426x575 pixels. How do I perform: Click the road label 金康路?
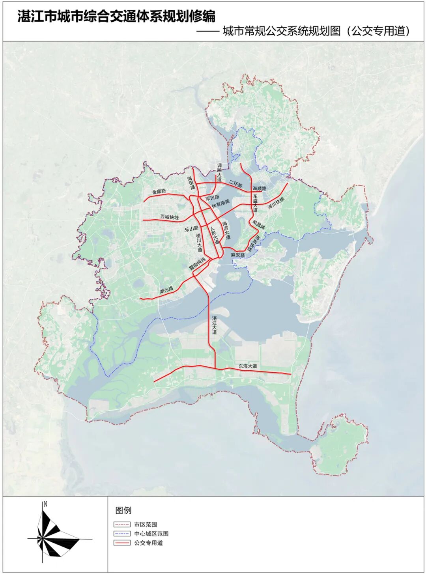tap(159, 192)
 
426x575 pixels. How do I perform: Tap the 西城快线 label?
tap(169, 217)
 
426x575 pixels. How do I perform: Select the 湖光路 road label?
tap(166, 291)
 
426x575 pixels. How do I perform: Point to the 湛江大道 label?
tap(214, 325)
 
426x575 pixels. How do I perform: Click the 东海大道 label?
tap(248, 366)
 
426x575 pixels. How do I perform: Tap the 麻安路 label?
tap(238, 255)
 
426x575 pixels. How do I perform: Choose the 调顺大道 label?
tap(219, 173)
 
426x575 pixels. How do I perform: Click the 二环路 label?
tap(236, 184)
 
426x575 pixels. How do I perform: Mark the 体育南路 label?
tap(220, 204)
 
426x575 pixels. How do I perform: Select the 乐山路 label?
tap(191, 228)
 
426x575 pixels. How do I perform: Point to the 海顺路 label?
tap(260, 189)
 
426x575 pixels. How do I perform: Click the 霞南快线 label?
tap(197, 263)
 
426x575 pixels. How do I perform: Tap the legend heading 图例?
tap(123, 510)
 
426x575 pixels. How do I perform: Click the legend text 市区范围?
tap(146, 525)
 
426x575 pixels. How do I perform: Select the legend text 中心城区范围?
tap(151, 534)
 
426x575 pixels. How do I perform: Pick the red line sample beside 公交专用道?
tap(122, 543)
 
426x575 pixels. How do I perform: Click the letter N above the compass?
tap(45, 504)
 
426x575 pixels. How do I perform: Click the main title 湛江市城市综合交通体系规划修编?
tap(116, 17)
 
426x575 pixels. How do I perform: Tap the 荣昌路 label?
tap(259, 225)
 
